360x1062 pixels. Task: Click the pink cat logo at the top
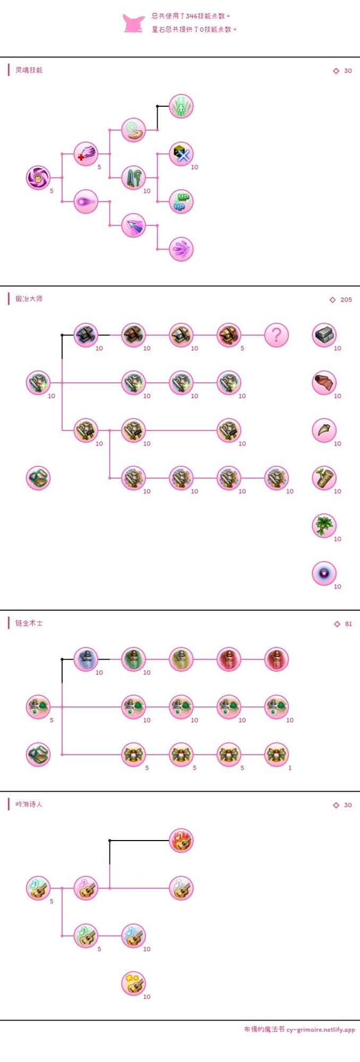tap(133, 23)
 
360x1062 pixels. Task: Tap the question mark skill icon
tap(277, 335)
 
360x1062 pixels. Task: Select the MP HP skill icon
tap(181, 202)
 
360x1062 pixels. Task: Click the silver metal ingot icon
tap(324, 335)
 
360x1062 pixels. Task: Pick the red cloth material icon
tap(324, 383)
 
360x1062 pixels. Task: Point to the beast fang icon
tap(324, 430)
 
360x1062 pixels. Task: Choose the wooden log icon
tap(324, 478)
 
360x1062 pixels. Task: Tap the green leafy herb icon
tap(324, 526)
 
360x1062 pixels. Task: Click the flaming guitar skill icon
tap(181, 841)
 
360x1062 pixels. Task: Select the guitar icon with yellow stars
tap(133, 983)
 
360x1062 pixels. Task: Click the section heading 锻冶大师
tap(29, 299)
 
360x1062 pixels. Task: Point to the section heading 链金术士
tap(29, 623)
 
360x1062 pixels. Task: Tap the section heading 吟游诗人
tap(29, 804)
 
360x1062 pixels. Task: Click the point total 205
tap(346, 299)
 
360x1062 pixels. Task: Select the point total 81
tap(348, 624)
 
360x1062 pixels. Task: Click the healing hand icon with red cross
tap(85, 154)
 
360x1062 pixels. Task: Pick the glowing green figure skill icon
tap(181, 106)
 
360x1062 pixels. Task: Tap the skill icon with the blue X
tap(181, 154)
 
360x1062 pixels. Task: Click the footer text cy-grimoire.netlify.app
tap(321, 1029)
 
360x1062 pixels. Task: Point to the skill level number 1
tap(290, 768)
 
